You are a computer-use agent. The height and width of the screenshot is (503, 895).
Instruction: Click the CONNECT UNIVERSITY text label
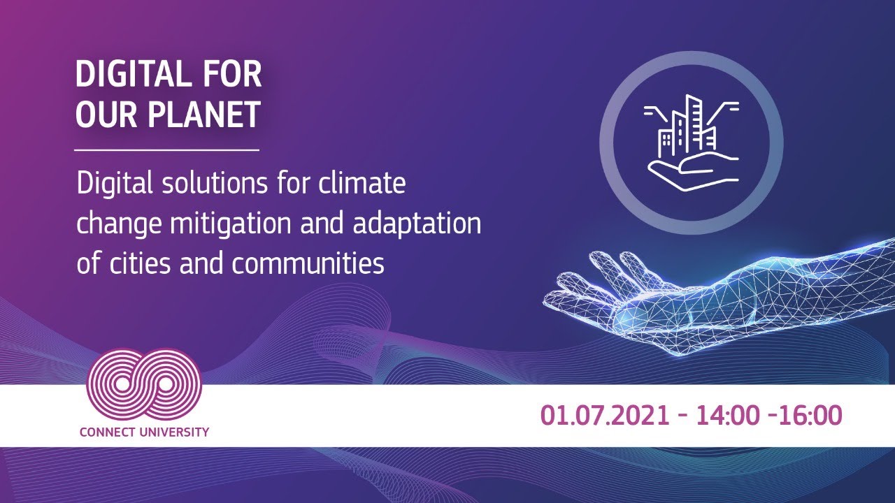(x=144, y=432)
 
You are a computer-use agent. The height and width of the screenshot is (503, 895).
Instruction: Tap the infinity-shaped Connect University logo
(x=144, y=384)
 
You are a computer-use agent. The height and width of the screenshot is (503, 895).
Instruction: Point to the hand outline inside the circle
(x=692, y=171)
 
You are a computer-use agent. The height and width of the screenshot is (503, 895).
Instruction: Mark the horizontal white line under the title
(x=166, y=150)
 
